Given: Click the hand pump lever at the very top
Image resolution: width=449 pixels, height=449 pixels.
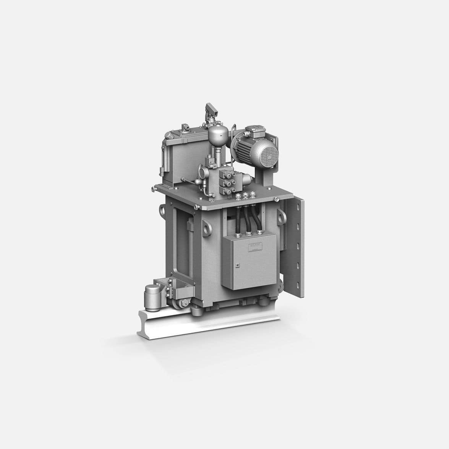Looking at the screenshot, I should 211,109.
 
